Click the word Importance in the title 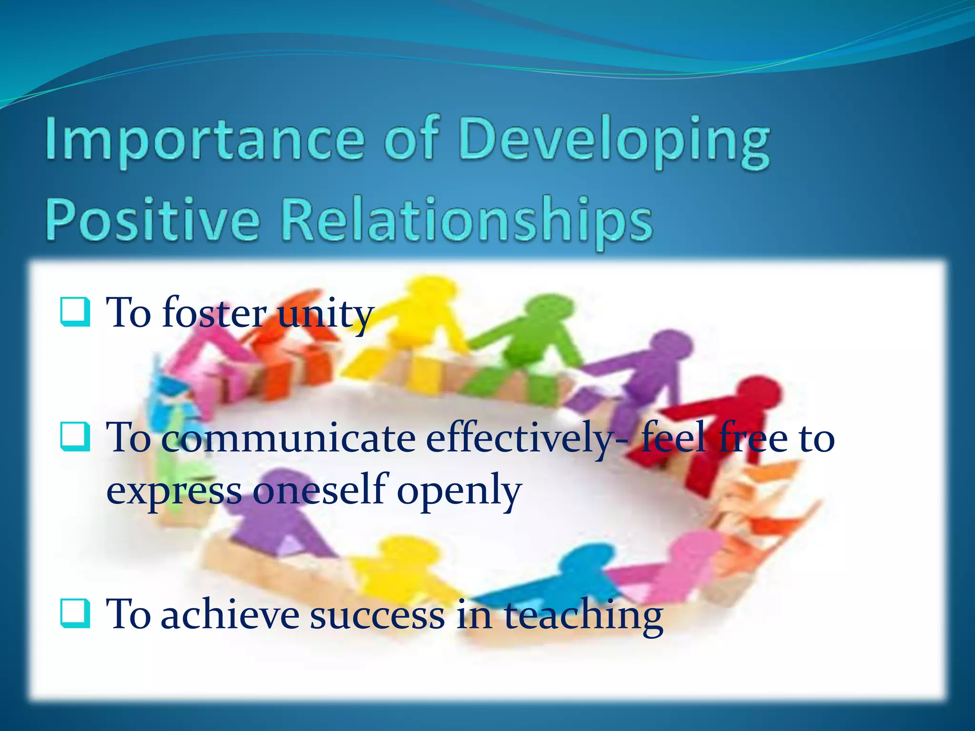(x=205, y=139)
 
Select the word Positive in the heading (x=152, y=220)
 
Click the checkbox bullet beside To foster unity (x=75, y=312)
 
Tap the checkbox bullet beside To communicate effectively (x=75, y=437)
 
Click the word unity (x=325, y=314)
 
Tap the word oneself (x=319, y=490)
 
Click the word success (x=377, y=615)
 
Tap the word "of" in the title (x=410, y=139)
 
